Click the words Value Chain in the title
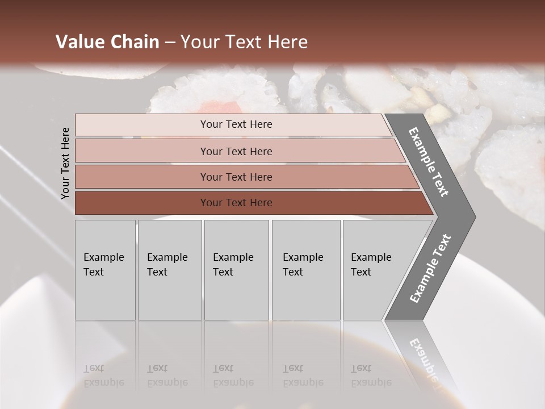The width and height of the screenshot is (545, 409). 107,42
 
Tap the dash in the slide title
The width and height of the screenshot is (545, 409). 170,43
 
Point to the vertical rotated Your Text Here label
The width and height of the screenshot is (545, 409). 65,163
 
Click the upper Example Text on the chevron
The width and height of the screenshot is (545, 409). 429,162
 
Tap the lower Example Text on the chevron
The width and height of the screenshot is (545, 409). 430,268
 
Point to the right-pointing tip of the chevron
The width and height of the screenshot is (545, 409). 473,216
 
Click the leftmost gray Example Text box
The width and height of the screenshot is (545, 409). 105,270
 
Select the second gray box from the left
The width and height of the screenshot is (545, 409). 170,270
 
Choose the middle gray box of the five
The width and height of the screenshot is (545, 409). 236,270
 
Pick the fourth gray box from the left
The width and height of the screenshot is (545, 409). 306,270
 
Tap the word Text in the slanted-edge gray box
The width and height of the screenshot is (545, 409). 361,272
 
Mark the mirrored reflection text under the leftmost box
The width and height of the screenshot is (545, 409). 103,375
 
